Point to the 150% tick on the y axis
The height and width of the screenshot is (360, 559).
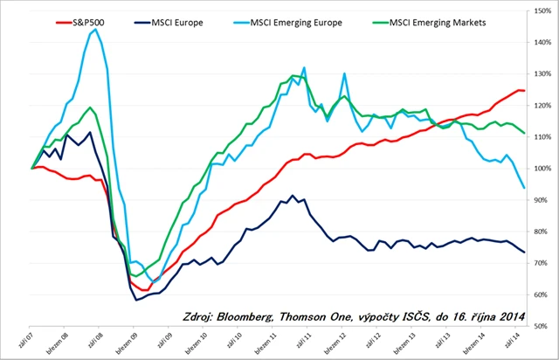click(542, 11)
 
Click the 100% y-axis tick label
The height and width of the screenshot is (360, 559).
click(542, 169)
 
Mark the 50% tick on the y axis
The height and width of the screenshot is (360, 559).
click(542, 327)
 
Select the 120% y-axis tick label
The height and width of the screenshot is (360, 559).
click(542, 106)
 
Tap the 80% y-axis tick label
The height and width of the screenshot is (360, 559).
click(542, 232)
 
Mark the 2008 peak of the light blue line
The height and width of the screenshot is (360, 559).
click(94, 29)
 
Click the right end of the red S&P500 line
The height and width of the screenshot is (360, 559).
click(524, 91)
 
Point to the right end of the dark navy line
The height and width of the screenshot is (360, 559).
click(524, 252)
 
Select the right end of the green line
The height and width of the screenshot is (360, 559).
click(524, 133)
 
